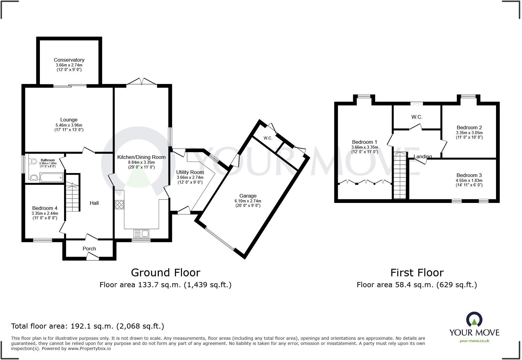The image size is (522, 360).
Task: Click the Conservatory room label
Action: tap(69, 60)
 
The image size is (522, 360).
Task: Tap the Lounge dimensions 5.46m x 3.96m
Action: tap(69, 125)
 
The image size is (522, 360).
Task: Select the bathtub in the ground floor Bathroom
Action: tap(51, 178)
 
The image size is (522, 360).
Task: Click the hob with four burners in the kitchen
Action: tap(119, 204)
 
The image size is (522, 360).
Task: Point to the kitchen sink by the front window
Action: tap(141, 233)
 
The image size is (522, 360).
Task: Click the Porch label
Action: tap(89, 249)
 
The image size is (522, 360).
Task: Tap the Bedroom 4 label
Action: tap(45, 208)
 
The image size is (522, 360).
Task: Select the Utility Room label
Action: tap(190, 172)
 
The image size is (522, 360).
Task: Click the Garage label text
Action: tap(248, 196)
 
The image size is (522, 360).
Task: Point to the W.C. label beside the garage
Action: tap(268, 138)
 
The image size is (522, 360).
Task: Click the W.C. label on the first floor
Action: tap(417, 117)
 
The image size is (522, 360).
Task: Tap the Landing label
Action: tap(422, 156)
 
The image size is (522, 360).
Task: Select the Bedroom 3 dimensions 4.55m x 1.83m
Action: tap(469, 181)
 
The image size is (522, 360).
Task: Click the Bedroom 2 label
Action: tap(469, 127)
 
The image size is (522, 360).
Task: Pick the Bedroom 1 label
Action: tap(364, 142)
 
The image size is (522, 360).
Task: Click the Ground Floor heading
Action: tap(166, 272)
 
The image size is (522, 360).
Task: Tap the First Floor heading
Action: tap(417, 273)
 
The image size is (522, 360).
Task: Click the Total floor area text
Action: tap(88, 326)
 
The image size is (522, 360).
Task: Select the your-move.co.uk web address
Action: tap(474, 341)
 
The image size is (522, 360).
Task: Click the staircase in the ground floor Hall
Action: tap(72, 196)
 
